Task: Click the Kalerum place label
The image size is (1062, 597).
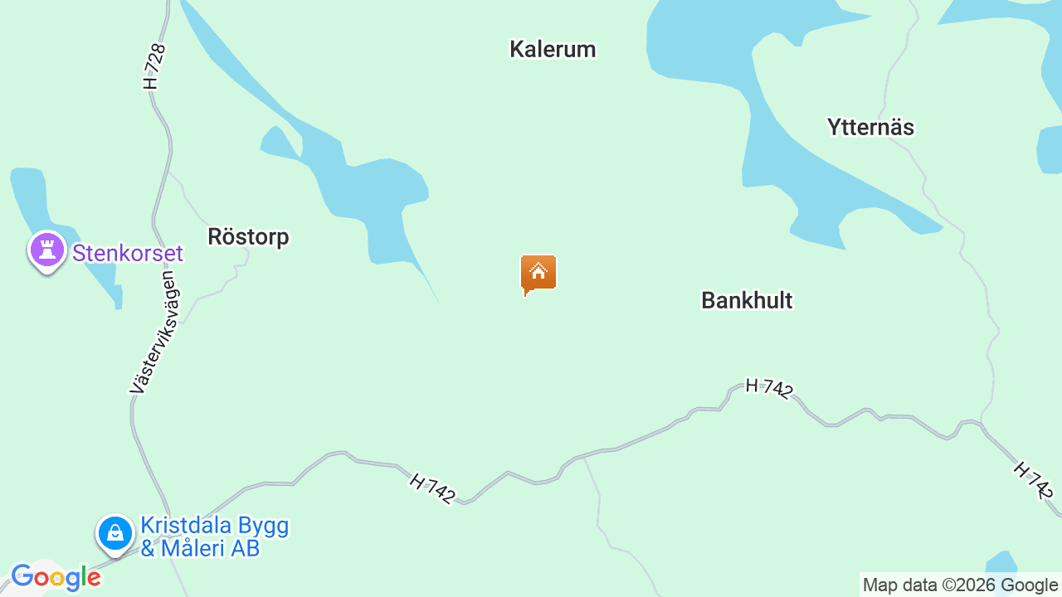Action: (553, 50)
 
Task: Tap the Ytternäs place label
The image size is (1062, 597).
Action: (870, 128)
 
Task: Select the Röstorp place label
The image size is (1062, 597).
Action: (248, 237)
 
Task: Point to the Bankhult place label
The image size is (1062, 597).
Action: (747, 300)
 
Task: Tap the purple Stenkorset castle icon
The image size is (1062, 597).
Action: (47, 250)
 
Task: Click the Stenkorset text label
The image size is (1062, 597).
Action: (128, 253)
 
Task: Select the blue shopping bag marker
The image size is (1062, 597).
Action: (115, 533)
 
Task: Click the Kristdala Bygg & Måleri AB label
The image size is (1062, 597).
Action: (214, 536)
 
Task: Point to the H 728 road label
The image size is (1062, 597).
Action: (155, 66)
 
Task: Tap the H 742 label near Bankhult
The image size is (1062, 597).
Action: (769, 388)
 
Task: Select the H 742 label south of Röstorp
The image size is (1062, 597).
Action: (432, 488)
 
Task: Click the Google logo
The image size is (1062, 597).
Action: (56, 577)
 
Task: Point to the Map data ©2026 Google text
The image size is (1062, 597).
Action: (960, 585)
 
